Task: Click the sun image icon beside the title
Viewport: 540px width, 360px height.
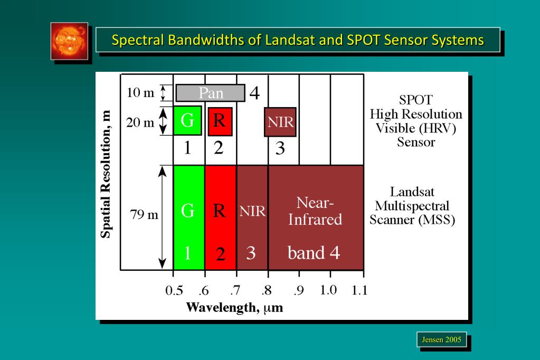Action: [x=69, y=41]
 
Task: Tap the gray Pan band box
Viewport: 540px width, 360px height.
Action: [x=211, y=93]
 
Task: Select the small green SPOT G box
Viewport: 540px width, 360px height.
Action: [x=187, y=121]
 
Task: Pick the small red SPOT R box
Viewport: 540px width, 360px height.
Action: [x=220, y=121]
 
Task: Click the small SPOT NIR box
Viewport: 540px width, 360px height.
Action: [x=280, y=122]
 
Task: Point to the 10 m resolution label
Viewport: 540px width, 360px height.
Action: [x=140, y=93]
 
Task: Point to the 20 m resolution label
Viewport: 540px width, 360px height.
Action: [x=140, y=122]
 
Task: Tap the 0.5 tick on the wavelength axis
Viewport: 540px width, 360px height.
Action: [x=174, y=290]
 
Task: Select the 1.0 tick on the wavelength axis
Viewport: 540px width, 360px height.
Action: [x=329, y=290]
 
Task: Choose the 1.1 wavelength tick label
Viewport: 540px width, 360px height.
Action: [x=360, y=290]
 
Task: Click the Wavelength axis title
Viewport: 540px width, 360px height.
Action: [x=234, y=307]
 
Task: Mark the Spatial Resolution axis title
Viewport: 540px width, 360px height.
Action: [x=107, y=174]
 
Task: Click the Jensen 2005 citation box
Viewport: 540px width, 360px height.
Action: [x=441, y=339]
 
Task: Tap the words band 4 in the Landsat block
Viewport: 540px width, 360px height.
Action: [x=314, y=253]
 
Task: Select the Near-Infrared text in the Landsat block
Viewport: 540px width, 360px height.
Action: [x=315, y=211]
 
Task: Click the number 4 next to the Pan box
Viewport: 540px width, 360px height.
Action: [x=254, y=93]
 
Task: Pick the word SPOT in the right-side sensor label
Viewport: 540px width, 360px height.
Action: [x=416, y=100]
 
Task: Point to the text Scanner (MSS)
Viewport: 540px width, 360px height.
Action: [x=412, y=220]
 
